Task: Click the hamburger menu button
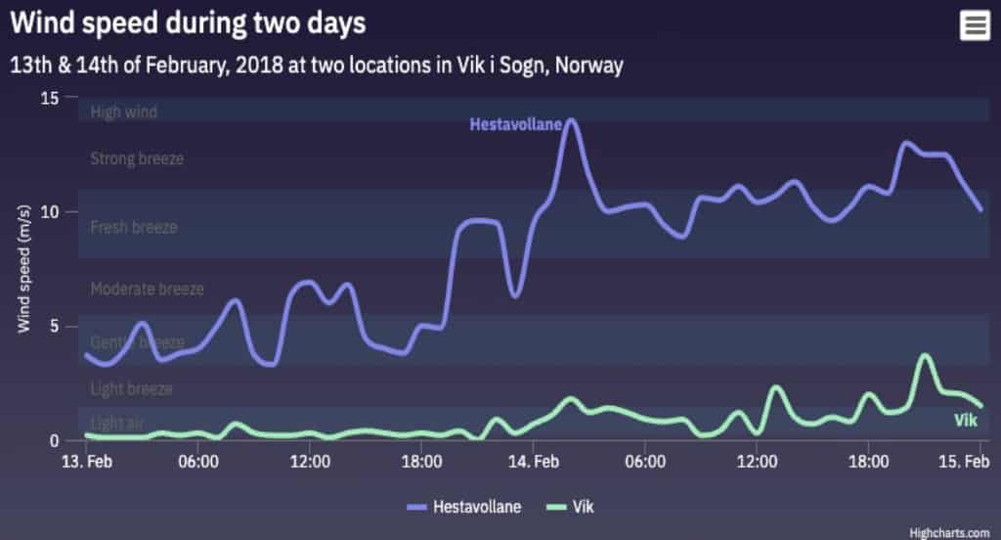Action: [x=974, y=25]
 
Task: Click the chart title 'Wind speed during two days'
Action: [x=189, y=23]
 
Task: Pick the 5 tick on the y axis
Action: [x=55, y=326]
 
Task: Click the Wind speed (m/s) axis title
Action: [x=25, y=269]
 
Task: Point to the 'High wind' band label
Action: [x=123, y=112]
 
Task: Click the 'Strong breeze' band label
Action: [x=136, y=158]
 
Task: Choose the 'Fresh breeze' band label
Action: [x=133, y=228]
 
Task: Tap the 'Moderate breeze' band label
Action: [x=147, y=290]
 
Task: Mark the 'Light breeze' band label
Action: [x=131, y=389]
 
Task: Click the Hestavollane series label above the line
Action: [x=515, y=124]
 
